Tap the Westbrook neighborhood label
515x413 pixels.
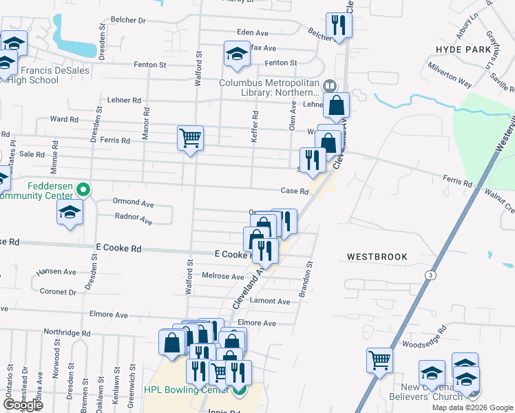tap(377, 256)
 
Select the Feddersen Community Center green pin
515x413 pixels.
tap(83, 188)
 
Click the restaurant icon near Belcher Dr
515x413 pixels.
tap(338, 25)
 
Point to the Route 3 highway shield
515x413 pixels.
tap(430, 275)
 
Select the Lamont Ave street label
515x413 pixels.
tap(271, 301)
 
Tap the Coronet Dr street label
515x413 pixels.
tap(58, 292)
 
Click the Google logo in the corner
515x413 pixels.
tap(23, 405)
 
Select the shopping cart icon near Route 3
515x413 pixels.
tap(379, 359)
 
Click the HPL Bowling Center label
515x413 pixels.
tap(186, 390)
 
